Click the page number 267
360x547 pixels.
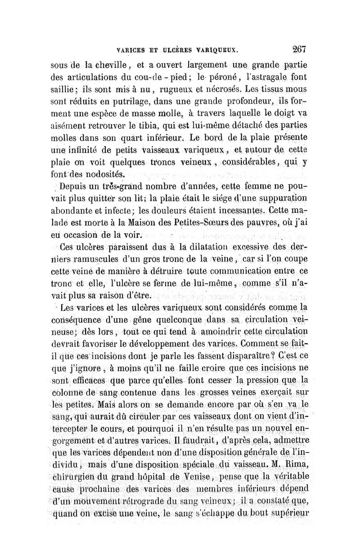(x=298, y=48)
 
